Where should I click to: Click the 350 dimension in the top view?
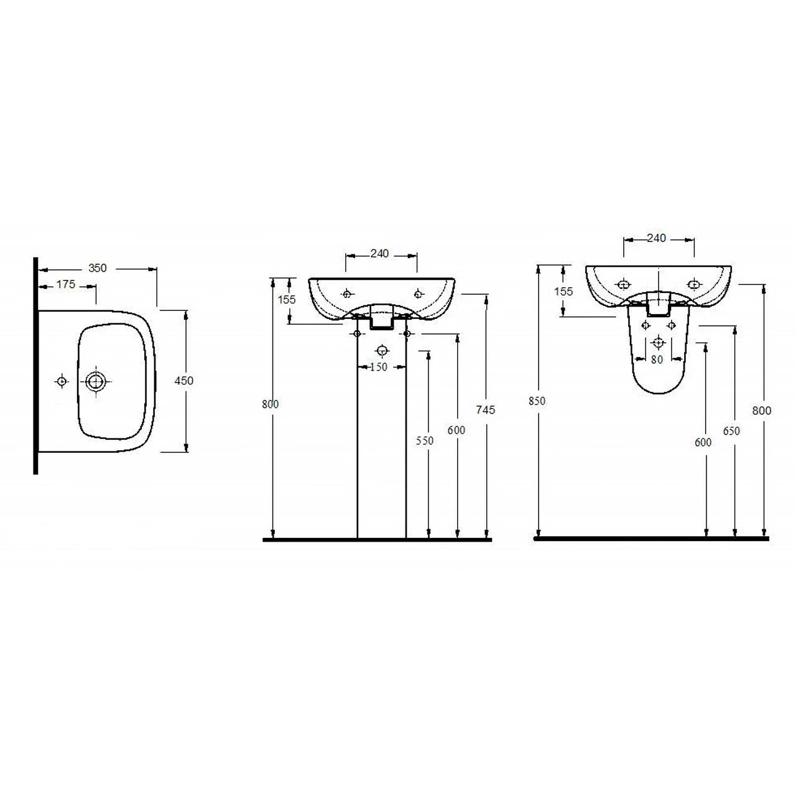tap(98, 268)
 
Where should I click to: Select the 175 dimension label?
tap(66, 284)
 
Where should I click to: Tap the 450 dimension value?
tap(184, 381)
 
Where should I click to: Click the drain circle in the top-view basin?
tap(96, 381)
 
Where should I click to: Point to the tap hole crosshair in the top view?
tap(62, 381)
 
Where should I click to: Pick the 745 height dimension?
tap(486, 409)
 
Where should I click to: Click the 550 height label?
tap(425, 440)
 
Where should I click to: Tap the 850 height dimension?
tap(537, 401)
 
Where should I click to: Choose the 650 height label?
tap(732, 430)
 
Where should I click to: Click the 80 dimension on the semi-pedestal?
tap(657, 359)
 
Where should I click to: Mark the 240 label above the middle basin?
tap(379, 253)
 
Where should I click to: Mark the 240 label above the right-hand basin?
tap(657, 238)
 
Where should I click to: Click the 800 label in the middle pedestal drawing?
tap(271, 404)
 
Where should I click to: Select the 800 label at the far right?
tap(762, 410)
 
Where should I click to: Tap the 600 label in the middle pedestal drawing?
tap(456, 430)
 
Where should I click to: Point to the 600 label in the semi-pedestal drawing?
tap(703, 442)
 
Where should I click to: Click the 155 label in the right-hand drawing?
tap(563, 291)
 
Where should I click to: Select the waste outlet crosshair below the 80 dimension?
tap(658, 343)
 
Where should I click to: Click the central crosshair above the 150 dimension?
tap(382, 349)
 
